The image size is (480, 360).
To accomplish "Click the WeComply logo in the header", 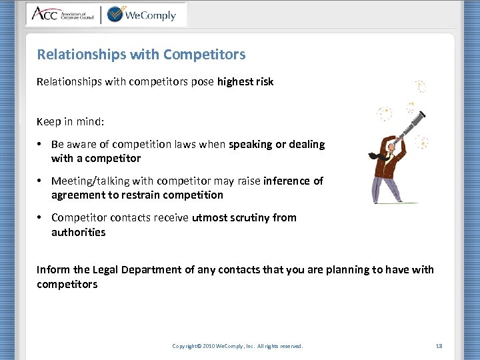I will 141,14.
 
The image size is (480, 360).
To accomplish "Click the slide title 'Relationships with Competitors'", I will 141,54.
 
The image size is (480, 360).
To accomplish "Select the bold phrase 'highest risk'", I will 245,81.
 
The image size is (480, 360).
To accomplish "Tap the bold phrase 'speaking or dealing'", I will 277,144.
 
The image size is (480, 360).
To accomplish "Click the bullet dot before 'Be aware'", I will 41,145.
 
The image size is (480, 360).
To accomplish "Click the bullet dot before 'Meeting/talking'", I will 41,181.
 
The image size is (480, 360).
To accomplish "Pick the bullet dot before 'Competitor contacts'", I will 41,217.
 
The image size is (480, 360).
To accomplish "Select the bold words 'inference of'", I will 293,181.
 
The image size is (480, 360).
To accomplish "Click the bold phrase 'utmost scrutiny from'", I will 244,217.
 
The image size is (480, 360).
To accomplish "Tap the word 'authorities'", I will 79,232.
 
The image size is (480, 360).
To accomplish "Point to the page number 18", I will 439,346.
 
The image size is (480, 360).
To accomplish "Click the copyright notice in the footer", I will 237,346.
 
